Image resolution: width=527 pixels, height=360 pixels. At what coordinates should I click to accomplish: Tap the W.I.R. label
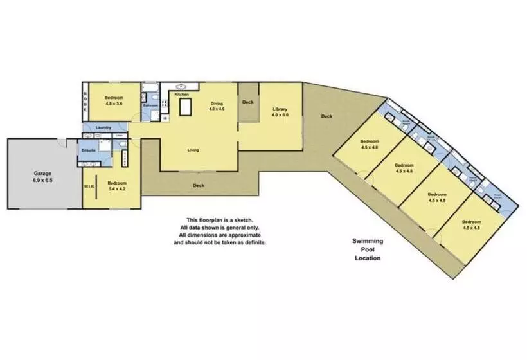tap(89, 187)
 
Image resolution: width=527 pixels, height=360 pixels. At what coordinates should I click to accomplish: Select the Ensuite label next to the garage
tap(89, 150)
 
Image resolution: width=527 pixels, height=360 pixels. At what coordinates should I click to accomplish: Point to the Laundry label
tap(103, 127)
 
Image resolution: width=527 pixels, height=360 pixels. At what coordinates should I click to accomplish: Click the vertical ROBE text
tap(84, 102)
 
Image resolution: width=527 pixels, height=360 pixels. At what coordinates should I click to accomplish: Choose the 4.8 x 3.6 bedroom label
tap(113, 100)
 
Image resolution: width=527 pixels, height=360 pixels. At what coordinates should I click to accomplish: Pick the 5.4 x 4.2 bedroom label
tap(116, 186)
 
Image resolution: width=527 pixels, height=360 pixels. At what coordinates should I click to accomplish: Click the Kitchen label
tap(182, 94)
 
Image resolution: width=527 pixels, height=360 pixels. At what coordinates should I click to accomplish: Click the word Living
tap(193, 150)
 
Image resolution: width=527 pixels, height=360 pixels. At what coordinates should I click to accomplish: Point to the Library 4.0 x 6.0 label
tap(280, 112)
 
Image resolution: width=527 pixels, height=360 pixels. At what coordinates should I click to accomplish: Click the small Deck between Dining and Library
tap(247, 102)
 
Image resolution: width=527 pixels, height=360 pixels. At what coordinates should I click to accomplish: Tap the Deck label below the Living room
tap(199, 186)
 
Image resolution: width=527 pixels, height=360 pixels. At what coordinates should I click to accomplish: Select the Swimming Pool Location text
tap(367, 249)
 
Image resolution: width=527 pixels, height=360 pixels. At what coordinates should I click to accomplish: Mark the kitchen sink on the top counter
tap(181, 85)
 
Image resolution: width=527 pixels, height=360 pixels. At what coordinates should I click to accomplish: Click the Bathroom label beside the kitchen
tap(150, 105)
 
